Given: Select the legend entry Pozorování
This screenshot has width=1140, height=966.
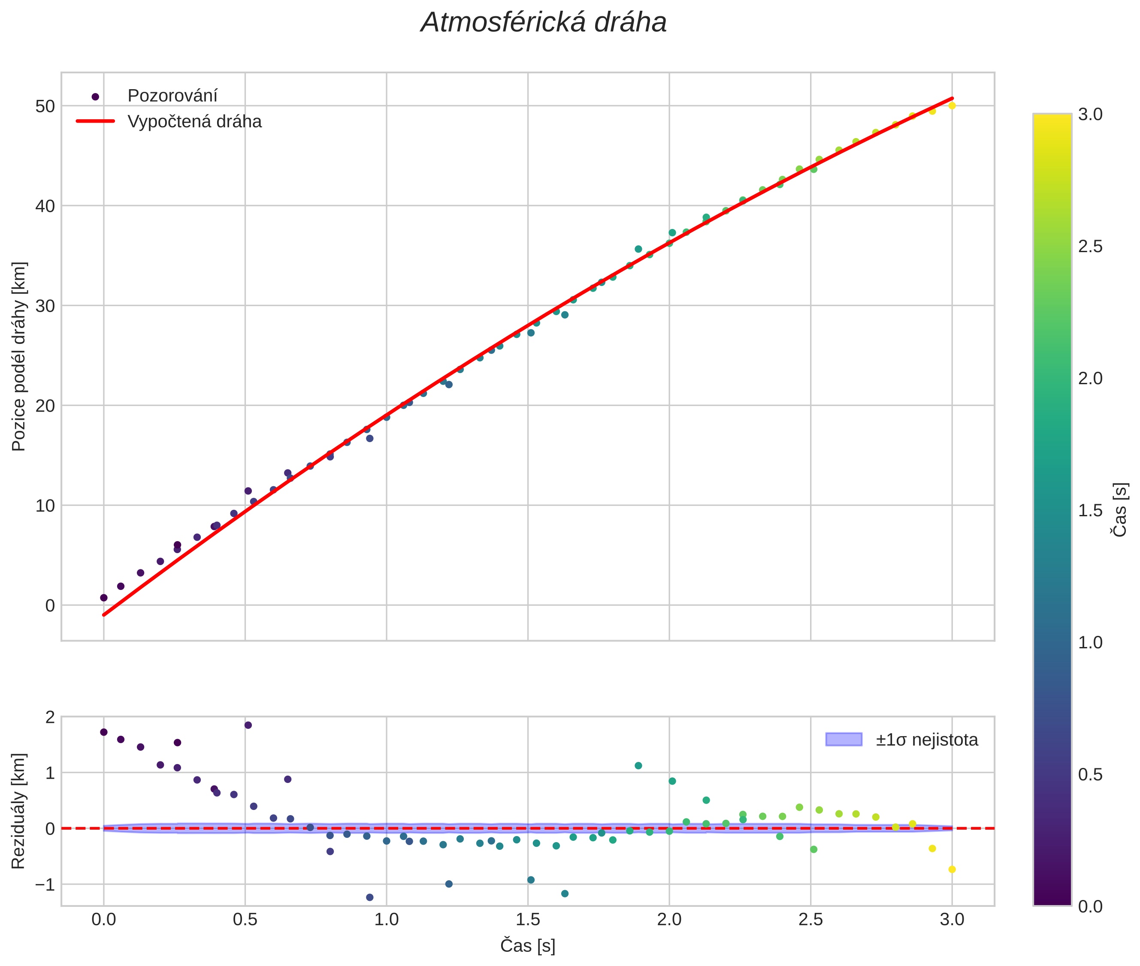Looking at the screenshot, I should coord(172,96).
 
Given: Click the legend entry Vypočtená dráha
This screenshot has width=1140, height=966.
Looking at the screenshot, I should coord(194,122).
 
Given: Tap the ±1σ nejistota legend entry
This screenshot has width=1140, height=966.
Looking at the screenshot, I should coord(926,740).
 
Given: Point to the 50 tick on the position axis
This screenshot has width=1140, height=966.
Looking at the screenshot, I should coord(45,106).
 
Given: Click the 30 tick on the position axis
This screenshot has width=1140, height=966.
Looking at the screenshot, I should coord(45,306).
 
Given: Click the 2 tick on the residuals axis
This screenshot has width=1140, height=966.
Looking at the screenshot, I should coord(50,717).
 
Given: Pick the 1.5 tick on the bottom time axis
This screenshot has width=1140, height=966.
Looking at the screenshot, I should coord(528,919).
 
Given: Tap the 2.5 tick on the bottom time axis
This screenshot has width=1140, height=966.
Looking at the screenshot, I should coord(810,919).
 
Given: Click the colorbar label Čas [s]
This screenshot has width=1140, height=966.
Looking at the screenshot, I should coord(1120,510).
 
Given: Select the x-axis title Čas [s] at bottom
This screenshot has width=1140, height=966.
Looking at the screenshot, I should coord(528,946).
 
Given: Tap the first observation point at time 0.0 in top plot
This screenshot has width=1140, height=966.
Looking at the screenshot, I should coord(103,597).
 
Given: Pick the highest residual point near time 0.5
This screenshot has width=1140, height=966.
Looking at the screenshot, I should coord(248,725).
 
